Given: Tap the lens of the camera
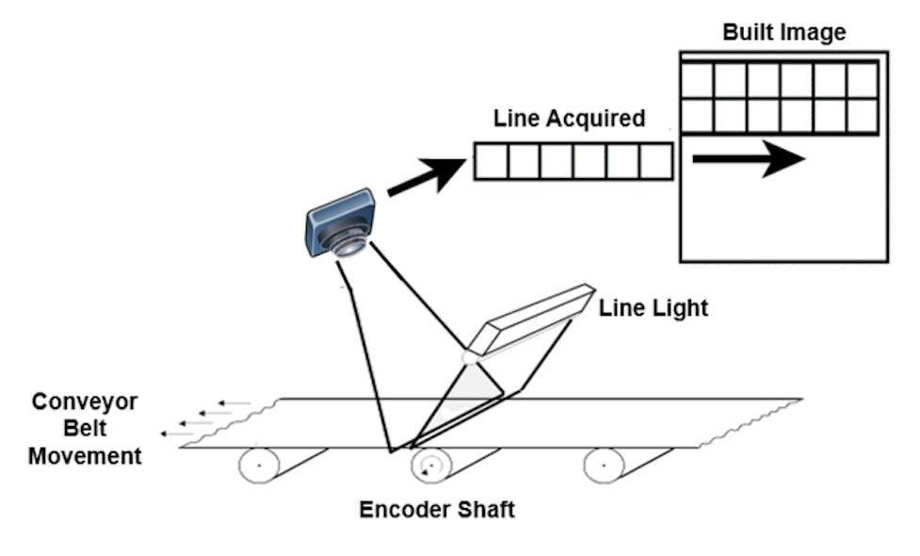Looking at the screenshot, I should [347, 247].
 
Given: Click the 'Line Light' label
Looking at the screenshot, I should [653, 308].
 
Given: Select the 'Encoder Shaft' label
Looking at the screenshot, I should [437, 510].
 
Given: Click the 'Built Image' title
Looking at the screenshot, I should [783, 32].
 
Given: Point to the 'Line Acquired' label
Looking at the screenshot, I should [569, 119].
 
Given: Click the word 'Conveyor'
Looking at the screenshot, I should [85, 402].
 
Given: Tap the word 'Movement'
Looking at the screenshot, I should [85, 457].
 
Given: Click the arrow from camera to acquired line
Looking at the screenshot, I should [425, 178].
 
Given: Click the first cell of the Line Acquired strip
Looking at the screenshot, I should [491, 161].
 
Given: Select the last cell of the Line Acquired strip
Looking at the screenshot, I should [655, 161].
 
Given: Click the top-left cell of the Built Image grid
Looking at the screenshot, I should [697, 81].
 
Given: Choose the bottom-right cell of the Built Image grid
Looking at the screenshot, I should [862, 116].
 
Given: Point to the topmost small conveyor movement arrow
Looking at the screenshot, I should [233, 403].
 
